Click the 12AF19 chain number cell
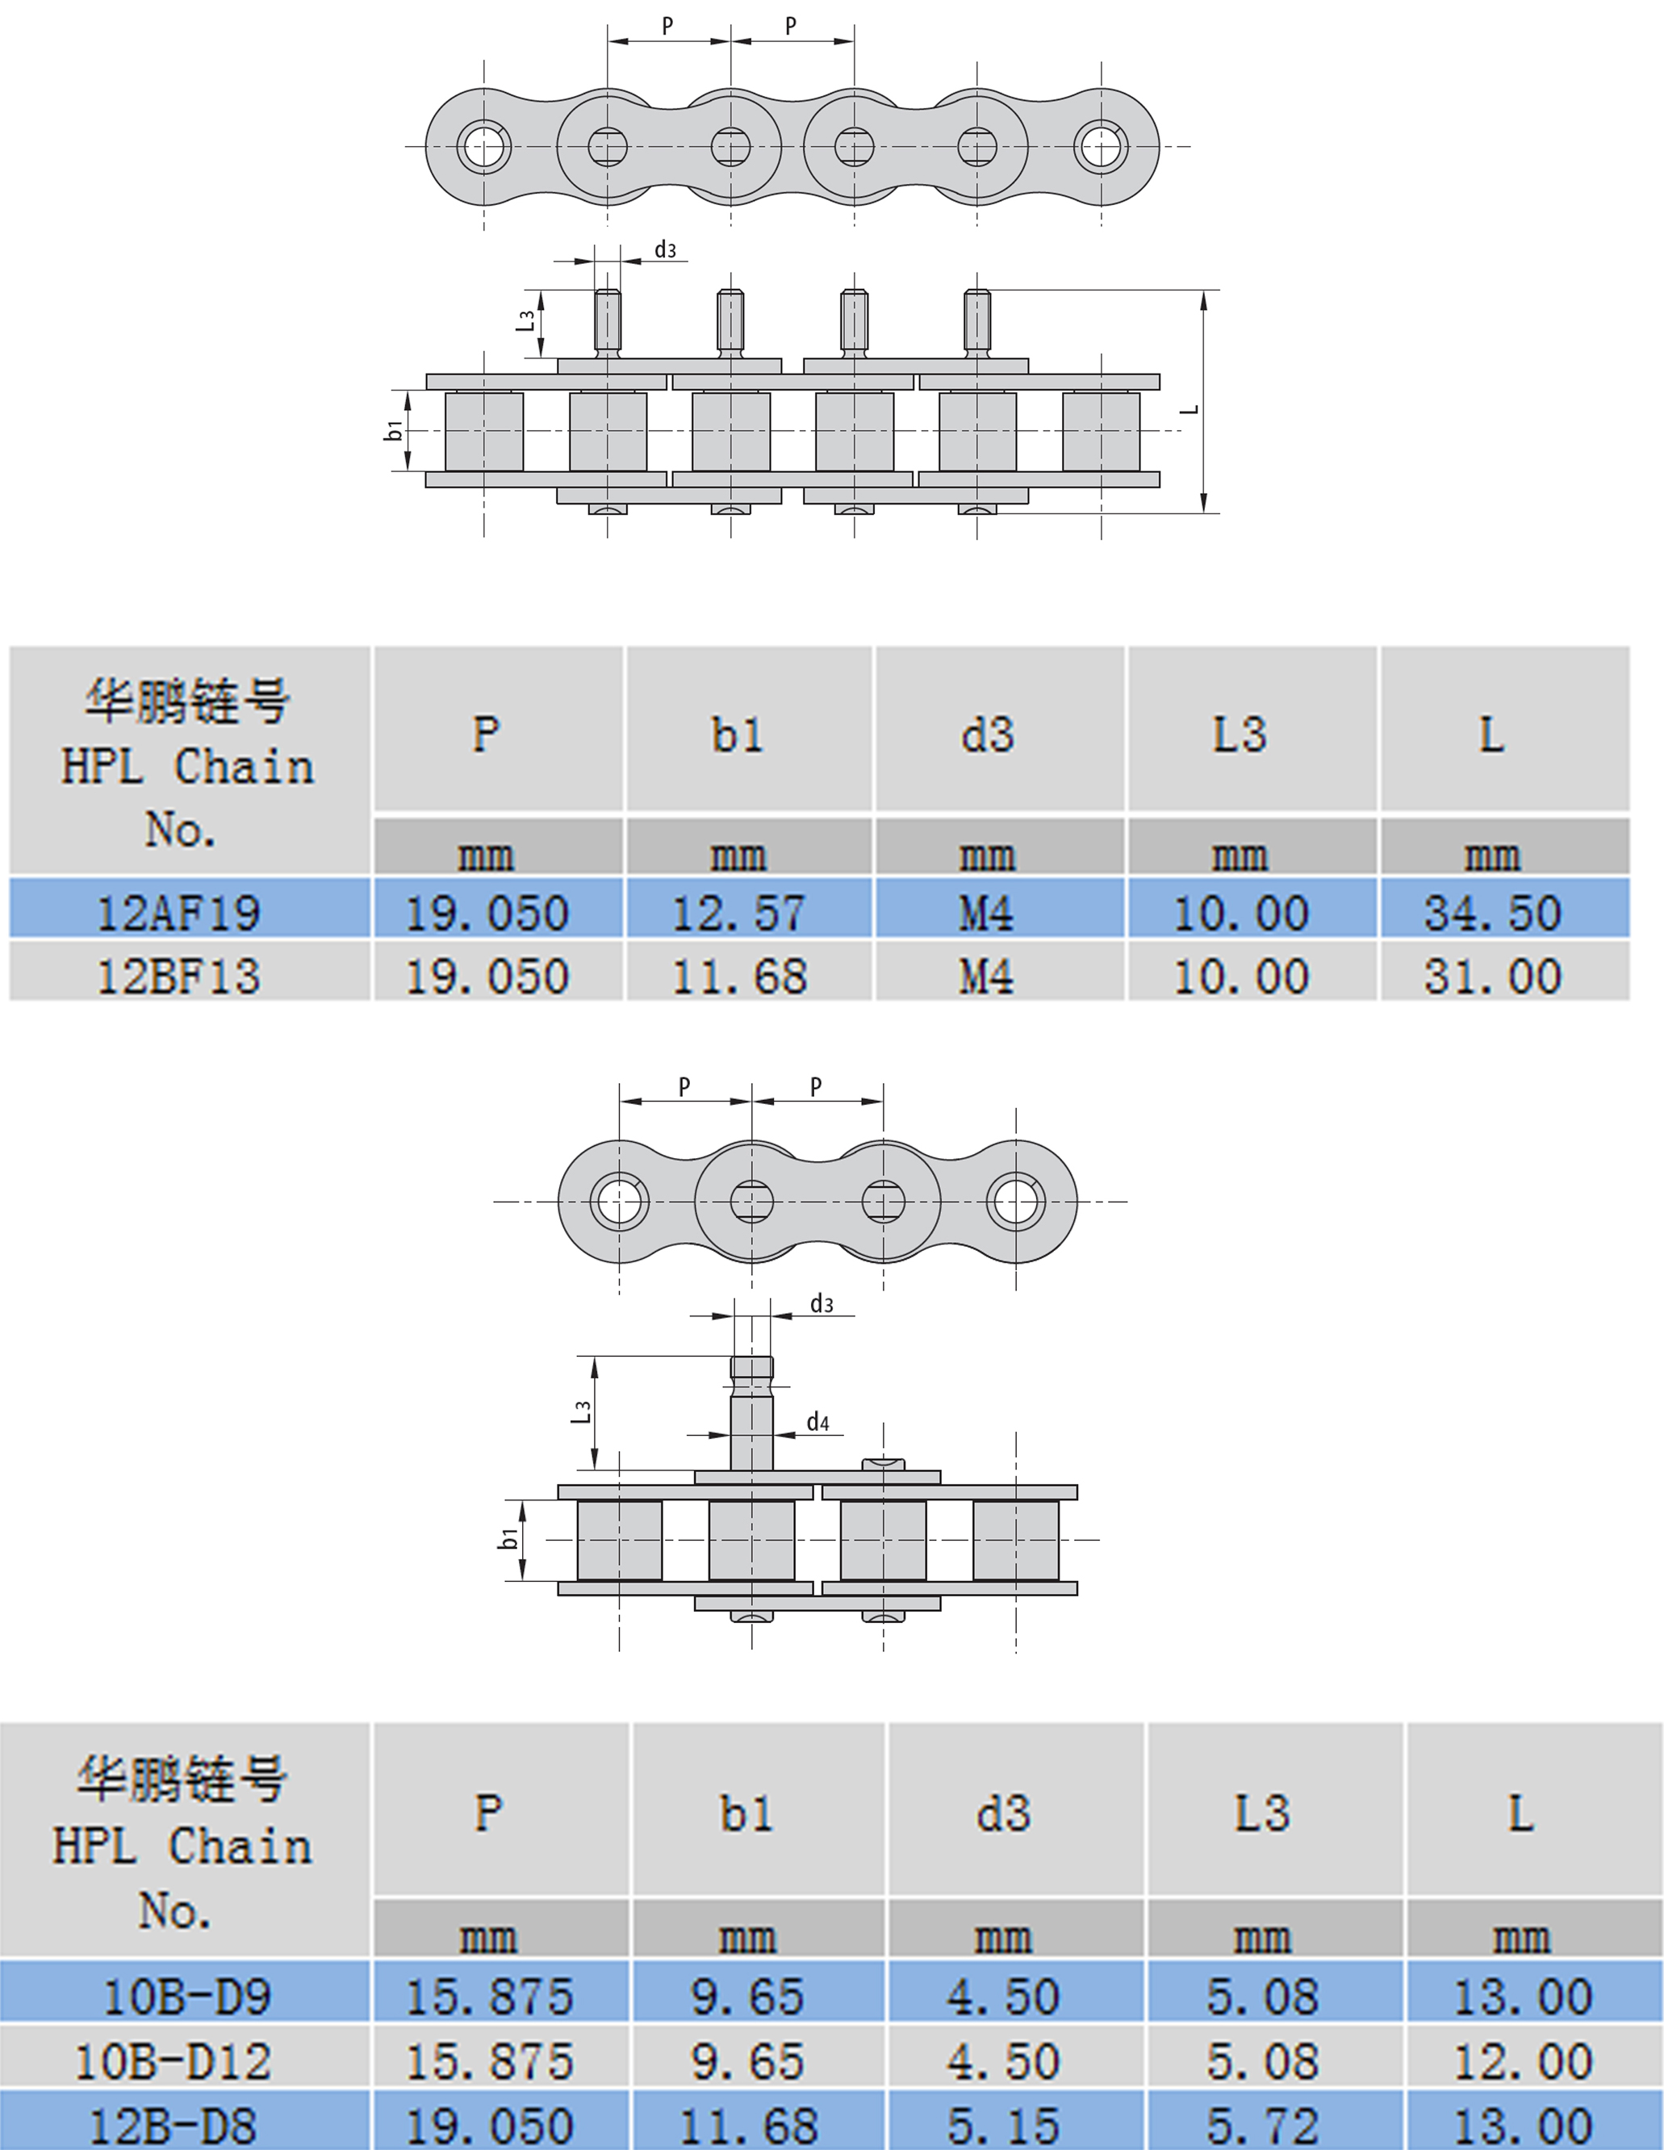[x=179, y=912]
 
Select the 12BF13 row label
[x=179, y=976]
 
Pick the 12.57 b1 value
[x=738, y=912]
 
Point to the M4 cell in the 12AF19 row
[x=987, y=912]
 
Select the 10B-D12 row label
[x=174, y=2061]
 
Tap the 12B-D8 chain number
[x=174, y=2124]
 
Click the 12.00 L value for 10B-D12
[x=1521, y=2061]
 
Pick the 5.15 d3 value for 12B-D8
[x=1003, y=2124]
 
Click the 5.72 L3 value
[x=1262, y=2124]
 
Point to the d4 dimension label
[x=817, y=1421]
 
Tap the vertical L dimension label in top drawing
[x=1190, y=408]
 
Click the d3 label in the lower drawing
[x=822, y=1304]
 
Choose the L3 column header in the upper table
[x=1239, y=734]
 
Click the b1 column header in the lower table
[x=746, y=1814]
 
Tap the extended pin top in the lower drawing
[x=751, y=1367]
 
